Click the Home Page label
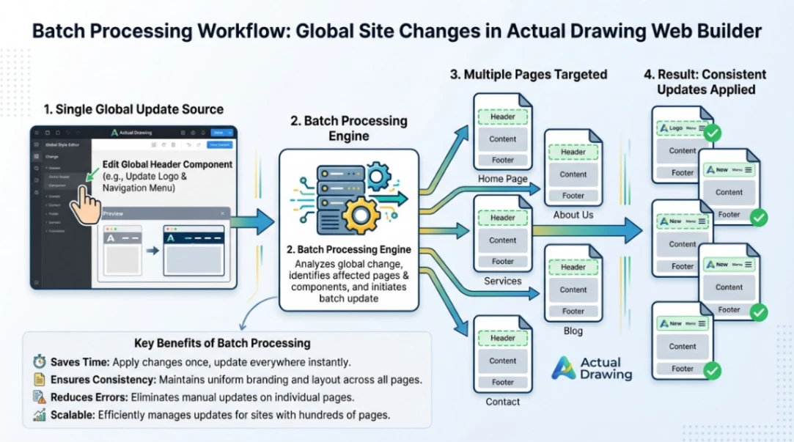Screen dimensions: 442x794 point(502,179)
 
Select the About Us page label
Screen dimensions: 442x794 point(573,215)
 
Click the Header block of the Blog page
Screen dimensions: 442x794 point(573,268)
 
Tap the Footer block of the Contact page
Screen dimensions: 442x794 point(503,382)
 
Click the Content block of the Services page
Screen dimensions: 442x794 point(503,240)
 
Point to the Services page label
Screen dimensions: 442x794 point(502,281)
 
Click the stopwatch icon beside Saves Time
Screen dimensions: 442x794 point(39,362)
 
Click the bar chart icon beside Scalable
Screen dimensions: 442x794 point(39,415)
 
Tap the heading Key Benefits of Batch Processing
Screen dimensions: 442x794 point(222,343)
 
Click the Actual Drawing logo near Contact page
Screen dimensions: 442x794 point(591,368)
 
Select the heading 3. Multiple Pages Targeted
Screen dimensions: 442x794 point(529,74)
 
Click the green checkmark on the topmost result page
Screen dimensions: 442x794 point(711,133)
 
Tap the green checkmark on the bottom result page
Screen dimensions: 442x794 point(711,371)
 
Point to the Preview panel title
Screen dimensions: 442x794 point(114,213)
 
